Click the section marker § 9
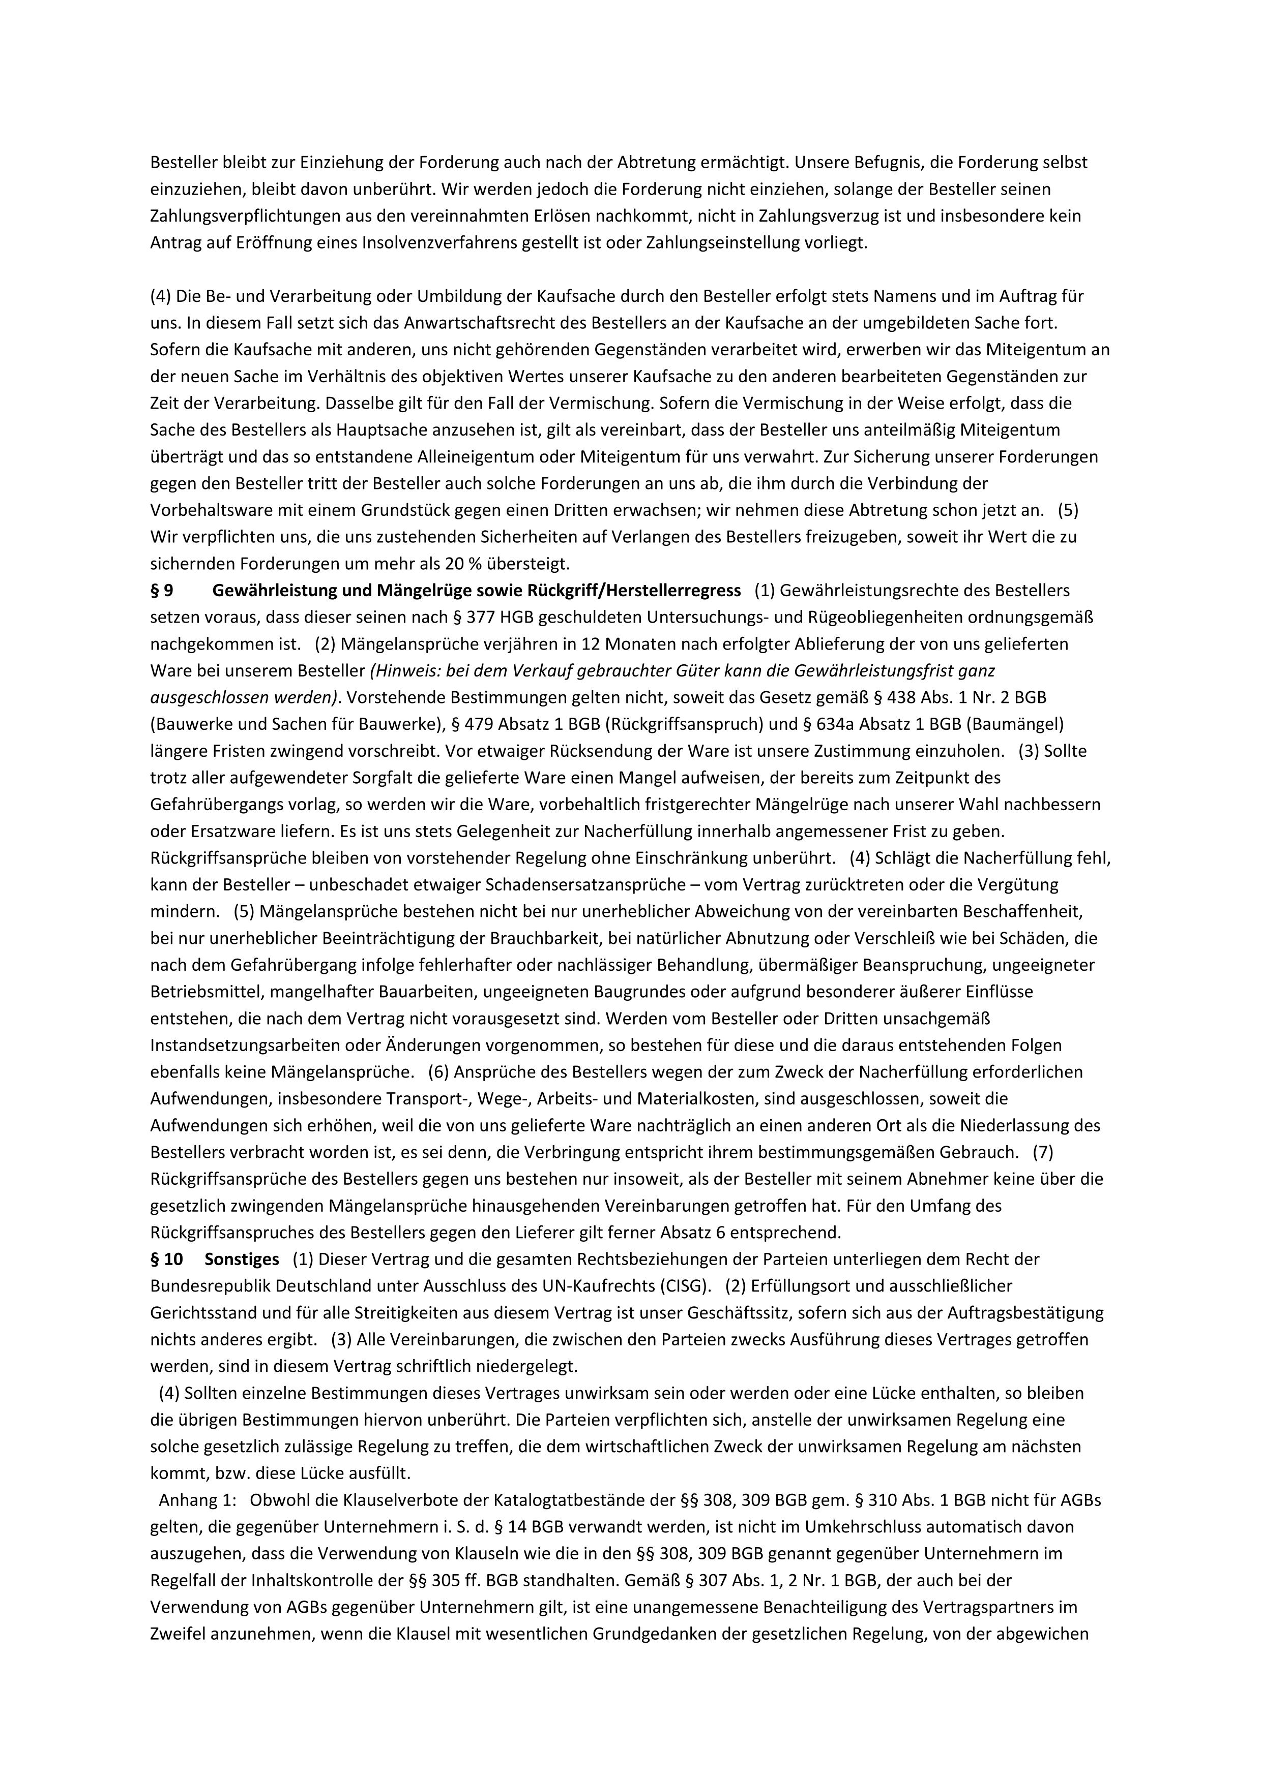point(162,591)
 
